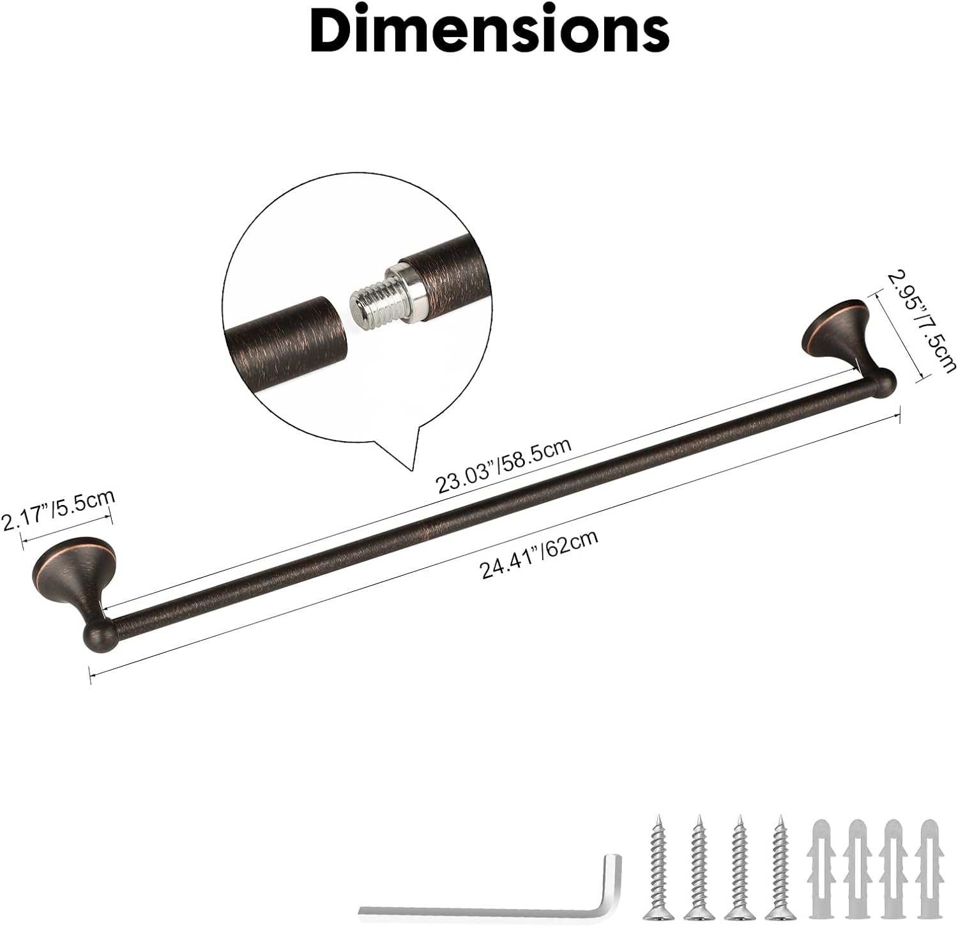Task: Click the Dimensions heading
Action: tap(490, 32)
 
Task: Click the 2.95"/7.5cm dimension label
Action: tap(920, 328)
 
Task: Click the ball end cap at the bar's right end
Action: tap(882, 384)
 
